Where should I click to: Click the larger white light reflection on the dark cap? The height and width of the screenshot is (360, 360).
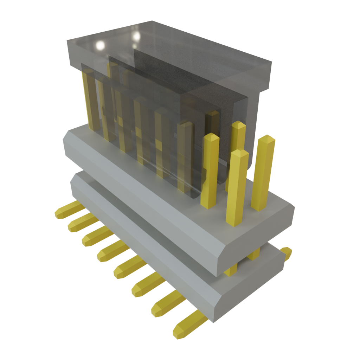pos(100,45)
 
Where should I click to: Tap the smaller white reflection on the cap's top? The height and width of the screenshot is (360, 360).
pos(136,36)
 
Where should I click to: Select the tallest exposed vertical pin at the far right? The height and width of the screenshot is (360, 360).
pos(264,172)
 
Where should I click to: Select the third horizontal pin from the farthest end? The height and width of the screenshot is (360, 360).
pos(97,236)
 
